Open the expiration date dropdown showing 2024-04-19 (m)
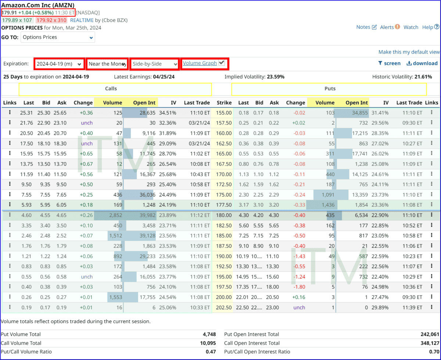[x=59, y=64]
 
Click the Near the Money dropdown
[x=107, y=64]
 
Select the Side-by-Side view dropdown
[x=154, y=64]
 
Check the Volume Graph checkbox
[x=221, y=63]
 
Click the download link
[x=422, y=63]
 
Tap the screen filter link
[x=389, y=63]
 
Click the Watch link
[x=411, y=27]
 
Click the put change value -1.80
[x=298, y=287]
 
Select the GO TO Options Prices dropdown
[x=58, y=37]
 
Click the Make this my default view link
[x=409, y=52]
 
